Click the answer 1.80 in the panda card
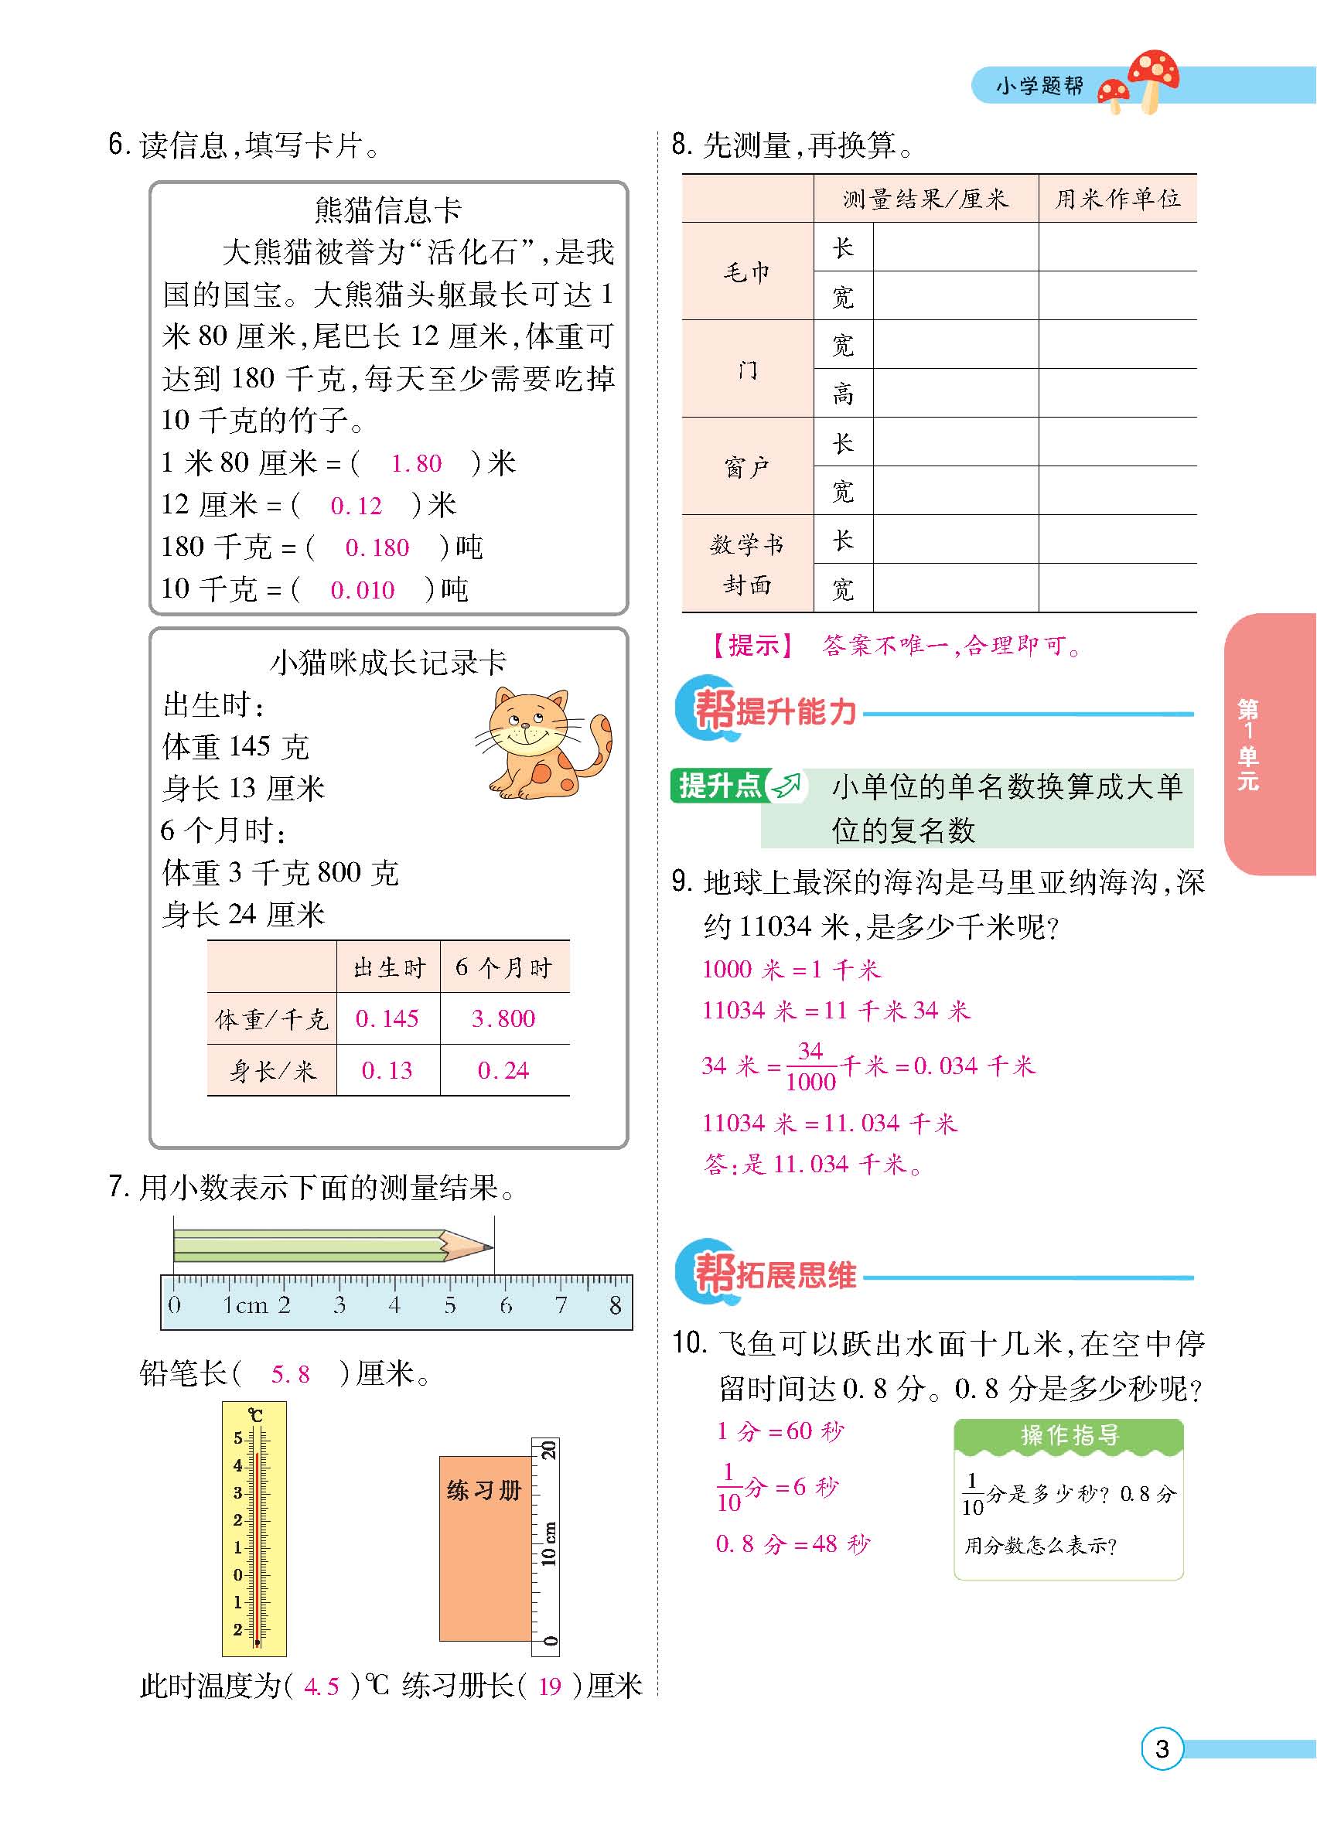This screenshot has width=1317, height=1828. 416,463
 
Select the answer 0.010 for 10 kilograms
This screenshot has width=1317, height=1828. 363,590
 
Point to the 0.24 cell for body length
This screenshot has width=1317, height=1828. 503,1070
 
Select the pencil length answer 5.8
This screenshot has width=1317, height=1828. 290,1374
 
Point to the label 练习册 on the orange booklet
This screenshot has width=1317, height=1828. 483,1490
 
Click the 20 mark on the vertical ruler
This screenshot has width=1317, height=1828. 548,1450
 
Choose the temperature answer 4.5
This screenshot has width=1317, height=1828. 322,1686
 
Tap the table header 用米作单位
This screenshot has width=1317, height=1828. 1118,199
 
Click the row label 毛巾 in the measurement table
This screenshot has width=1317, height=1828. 746,272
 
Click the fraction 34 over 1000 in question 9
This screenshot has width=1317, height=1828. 810,1066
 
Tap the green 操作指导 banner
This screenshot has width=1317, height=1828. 1069,1435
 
